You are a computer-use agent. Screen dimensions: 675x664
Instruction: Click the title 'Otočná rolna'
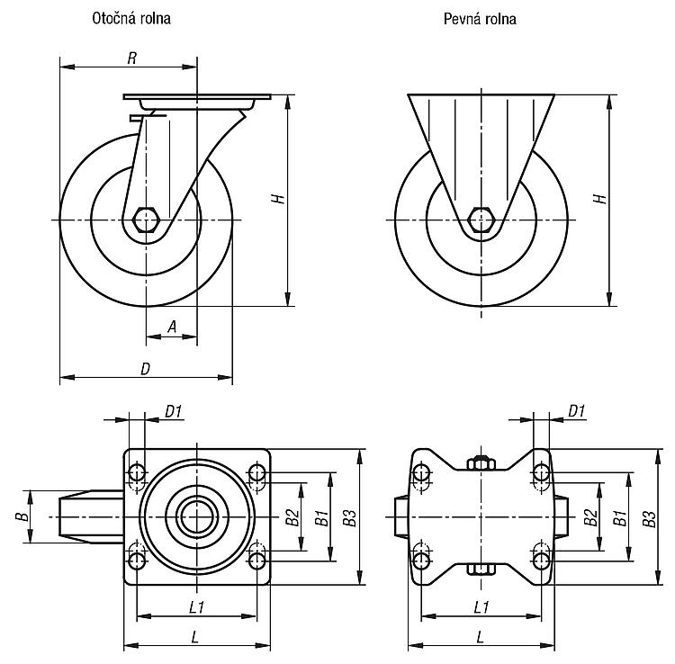tap(131, 19)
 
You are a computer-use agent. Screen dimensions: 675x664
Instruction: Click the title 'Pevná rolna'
tap(480, 19)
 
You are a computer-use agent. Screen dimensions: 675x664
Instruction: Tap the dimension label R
tap(132, 58)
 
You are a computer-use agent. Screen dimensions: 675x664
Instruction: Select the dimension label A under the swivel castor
tap(172, 327)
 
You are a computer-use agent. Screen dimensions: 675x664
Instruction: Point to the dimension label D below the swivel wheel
tap(146, 369)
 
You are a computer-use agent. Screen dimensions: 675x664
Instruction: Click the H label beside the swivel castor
tap(278, 199)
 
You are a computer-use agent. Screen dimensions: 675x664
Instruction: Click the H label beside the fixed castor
tap(600, 199)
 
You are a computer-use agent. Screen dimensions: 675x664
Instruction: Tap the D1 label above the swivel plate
tap(174, 411)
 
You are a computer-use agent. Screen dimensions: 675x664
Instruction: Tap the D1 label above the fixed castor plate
tap(577, 411)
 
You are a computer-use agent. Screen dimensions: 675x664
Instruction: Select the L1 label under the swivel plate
tap(196, 607)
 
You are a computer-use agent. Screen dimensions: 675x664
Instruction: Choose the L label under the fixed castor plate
tap(481, 636)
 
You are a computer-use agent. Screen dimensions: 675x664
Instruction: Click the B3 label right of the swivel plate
tap(350, 517)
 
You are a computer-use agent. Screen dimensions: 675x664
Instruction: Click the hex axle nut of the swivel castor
tap(147, 220)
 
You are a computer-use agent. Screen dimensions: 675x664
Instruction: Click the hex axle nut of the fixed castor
tap(481, 220)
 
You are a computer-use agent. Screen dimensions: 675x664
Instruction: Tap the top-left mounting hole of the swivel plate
tap(137, 472)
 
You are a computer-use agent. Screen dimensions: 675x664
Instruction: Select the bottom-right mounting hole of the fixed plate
tap(541, 561)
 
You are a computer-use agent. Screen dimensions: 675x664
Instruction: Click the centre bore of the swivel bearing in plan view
tap(197, 516)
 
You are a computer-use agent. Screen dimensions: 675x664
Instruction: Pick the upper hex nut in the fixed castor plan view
tap(481, 463)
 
